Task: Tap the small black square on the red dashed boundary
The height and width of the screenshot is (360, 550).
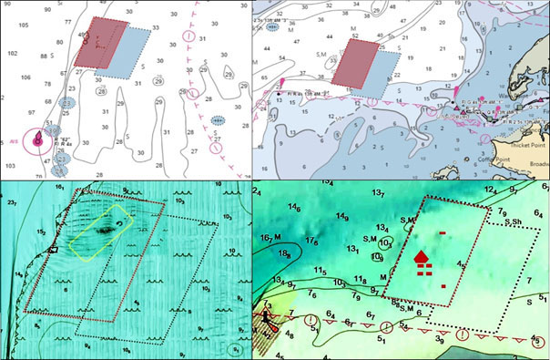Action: tap(54, 248)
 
